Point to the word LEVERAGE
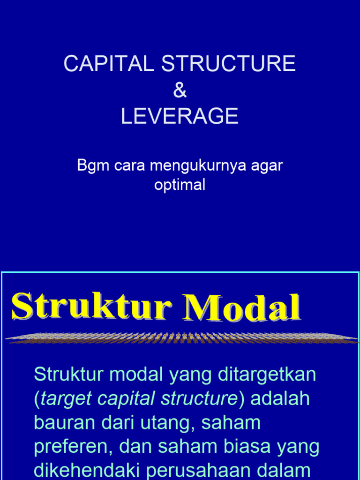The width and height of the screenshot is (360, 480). click(180, 116)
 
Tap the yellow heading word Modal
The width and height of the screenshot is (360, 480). click(242, 307)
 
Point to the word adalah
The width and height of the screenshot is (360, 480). click(280, 399)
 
